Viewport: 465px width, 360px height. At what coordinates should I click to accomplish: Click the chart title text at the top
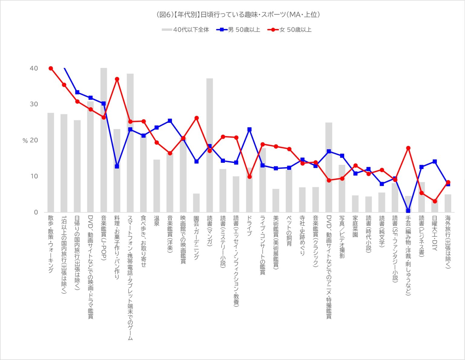(238, 15)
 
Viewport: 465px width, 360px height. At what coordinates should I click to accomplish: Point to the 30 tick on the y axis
(34, 104)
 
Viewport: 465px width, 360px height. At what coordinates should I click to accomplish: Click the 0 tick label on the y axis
(36, 212)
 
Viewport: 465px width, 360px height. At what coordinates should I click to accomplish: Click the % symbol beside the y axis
(25, 141)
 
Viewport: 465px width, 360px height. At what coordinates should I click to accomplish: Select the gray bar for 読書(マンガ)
(209, 145)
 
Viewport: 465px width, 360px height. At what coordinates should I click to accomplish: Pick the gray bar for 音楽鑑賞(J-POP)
(104, 139)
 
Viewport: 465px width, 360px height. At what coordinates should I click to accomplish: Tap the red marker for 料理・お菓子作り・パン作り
(117, 79)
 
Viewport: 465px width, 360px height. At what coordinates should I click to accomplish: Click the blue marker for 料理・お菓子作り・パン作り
(117, 166)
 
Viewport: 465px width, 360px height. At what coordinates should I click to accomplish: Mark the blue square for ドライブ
(249, 129)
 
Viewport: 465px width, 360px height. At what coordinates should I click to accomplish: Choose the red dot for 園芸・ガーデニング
(196, 118)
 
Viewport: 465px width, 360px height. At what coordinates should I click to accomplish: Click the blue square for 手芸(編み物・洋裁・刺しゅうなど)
(408, 211)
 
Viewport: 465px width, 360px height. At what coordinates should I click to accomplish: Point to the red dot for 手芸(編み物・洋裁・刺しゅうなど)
(408, 148)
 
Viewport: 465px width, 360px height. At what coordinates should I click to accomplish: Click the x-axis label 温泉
(157, 221)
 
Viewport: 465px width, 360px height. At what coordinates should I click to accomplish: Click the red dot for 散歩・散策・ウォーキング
(51, 68)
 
